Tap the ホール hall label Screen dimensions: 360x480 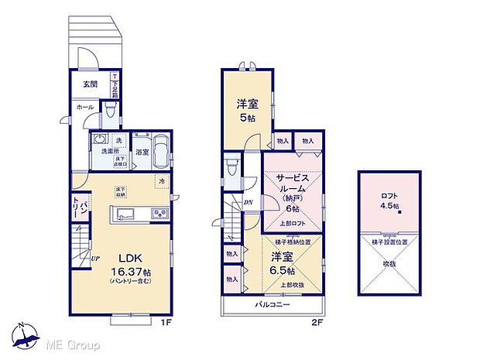pos(84,108)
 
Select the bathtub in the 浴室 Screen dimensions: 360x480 pos(162,149)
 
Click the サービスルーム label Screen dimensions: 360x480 pos(293,183)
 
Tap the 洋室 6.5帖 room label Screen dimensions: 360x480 pos(283,263)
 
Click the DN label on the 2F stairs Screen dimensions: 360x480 pos(248,203)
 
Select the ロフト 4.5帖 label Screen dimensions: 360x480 pos(389,201)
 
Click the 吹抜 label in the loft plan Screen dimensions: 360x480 pos(389,262)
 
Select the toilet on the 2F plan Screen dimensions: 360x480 pos(231,168)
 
